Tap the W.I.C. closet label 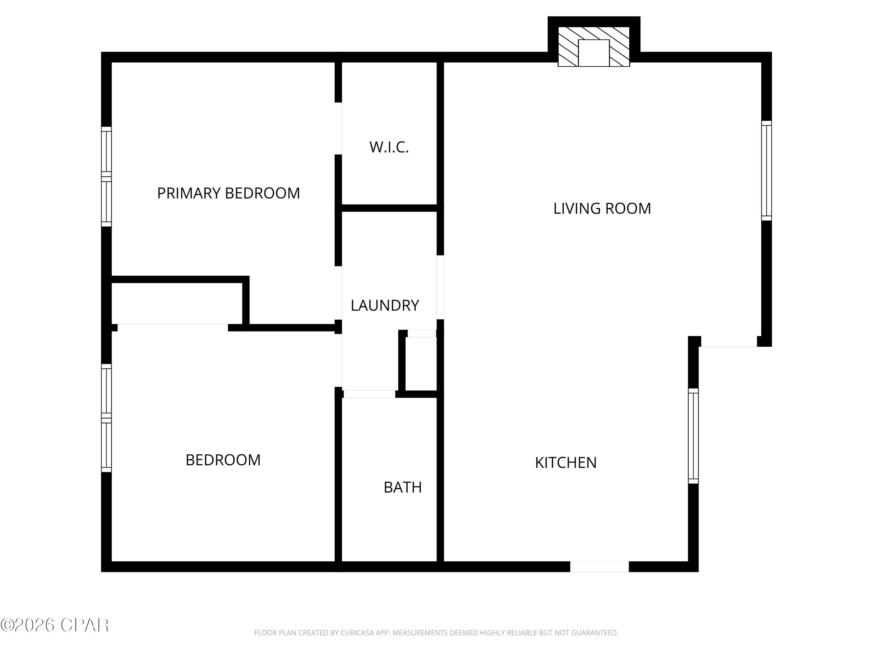point(389,147)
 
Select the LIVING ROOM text point(602,208)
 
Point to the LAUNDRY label point(384,305)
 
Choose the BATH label point(402,487)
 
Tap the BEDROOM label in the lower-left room point(223,460)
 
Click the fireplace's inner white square point(594,53)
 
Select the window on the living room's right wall point(766,171)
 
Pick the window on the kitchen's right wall point(693,436)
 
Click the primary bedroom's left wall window point(106,176)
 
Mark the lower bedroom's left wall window point(106,418)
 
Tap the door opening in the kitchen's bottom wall point(599,566)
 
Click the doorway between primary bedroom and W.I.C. point(338,128)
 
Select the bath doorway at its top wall point(369,394)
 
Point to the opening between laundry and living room point(440,287)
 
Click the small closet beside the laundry point(421,363)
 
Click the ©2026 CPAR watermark point(54,625)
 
